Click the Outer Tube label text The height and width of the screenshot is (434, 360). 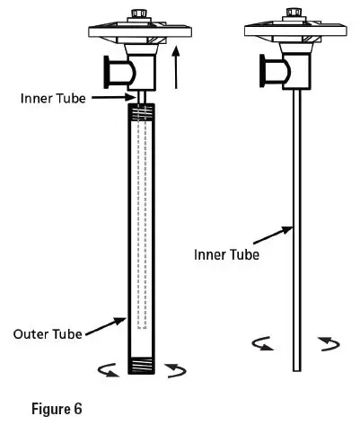tap(48, 333)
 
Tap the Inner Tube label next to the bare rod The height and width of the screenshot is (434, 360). tap(226, 254)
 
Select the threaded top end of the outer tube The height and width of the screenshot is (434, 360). tap(140, 113)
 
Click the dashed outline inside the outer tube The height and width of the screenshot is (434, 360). tap(140, 225)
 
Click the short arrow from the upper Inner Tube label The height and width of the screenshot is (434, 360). tap(116, 97)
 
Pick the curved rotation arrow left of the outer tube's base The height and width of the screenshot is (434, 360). tap(108, 371)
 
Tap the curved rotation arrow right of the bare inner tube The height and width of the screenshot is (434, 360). tap(328, 343)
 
